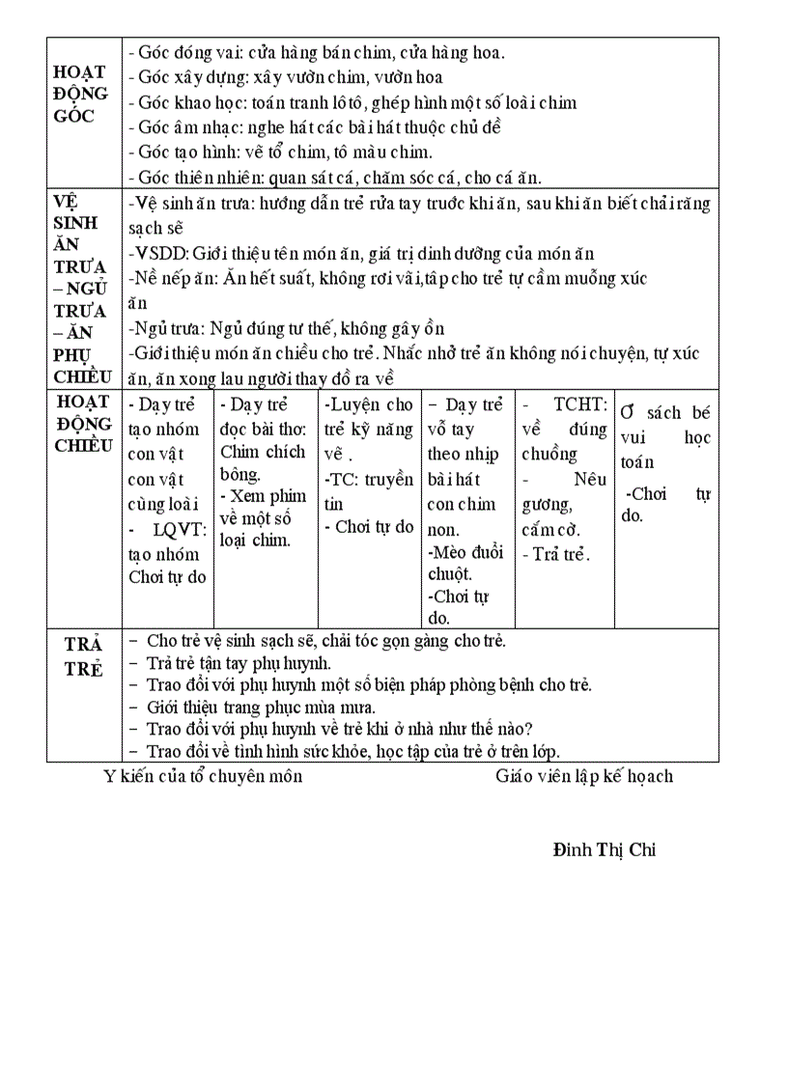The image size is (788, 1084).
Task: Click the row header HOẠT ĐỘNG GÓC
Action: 80,95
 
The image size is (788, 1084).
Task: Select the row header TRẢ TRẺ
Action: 83,657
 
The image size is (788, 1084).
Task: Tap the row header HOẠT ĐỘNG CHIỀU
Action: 83,424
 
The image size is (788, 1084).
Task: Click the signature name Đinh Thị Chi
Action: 605,850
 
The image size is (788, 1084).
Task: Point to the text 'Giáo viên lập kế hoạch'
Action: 584,776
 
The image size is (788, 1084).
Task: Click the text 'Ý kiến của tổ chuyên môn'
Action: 203,776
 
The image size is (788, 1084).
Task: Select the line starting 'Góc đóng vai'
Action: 316,54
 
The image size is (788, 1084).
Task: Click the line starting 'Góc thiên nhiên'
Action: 334,178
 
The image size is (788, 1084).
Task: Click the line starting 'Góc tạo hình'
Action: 280,153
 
